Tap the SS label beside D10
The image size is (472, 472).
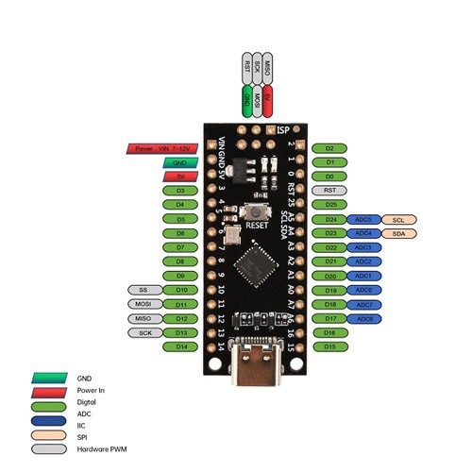143,290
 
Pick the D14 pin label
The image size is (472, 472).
179,346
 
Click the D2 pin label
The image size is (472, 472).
329,148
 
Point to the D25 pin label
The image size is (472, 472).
329,205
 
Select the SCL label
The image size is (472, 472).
398,219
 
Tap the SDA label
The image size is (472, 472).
398,233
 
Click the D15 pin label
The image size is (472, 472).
329,346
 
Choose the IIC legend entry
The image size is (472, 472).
86,424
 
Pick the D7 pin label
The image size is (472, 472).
179,247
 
